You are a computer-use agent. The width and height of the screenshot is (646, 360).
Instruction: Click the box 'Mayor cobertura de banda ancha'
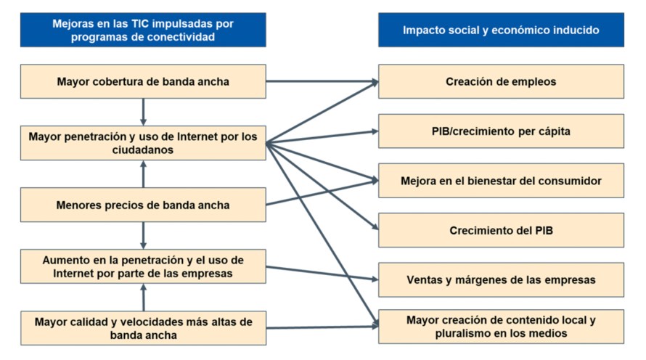(143, 81)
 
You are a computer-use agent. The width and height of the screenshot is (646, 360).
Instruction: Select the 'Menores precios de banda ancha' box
(143, 205)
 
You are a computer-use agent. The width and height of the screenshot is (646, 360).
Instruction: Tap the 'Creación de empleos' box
(501, 81)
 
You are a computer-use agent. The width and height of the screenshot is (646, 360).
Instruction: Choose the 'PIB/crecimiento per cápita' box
(501, 131)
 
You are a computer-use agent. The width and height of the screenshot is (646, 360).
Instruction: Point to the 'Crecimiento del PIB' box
(501, 230)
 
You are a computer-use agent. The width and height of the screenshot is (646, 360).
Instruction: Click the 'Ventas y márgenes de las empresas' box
(501, 279)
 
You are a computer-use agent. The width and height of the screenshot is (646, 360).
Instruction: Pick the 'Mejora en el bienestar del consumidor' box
(501, 180)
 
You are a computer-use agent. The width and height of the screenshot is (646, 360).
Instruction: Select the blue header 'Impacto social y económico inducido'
(501, 30)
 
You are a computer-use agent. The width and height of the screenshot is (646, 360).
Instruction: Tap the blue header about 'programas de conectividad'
(143, 30)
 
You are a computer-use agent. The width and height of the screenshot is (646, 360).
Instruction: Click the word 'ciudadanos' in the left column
(143, 150)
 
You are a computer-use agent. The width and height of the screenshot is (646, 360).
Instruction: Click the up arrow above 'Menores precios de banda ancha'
(143, 174)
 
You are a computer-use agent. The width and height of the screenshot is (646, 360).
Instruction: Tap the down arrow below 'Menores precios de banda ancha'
(143, 235)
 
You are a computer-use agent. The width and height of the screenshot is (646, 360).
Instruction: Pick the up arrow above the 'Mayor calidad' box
(143, 297)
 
